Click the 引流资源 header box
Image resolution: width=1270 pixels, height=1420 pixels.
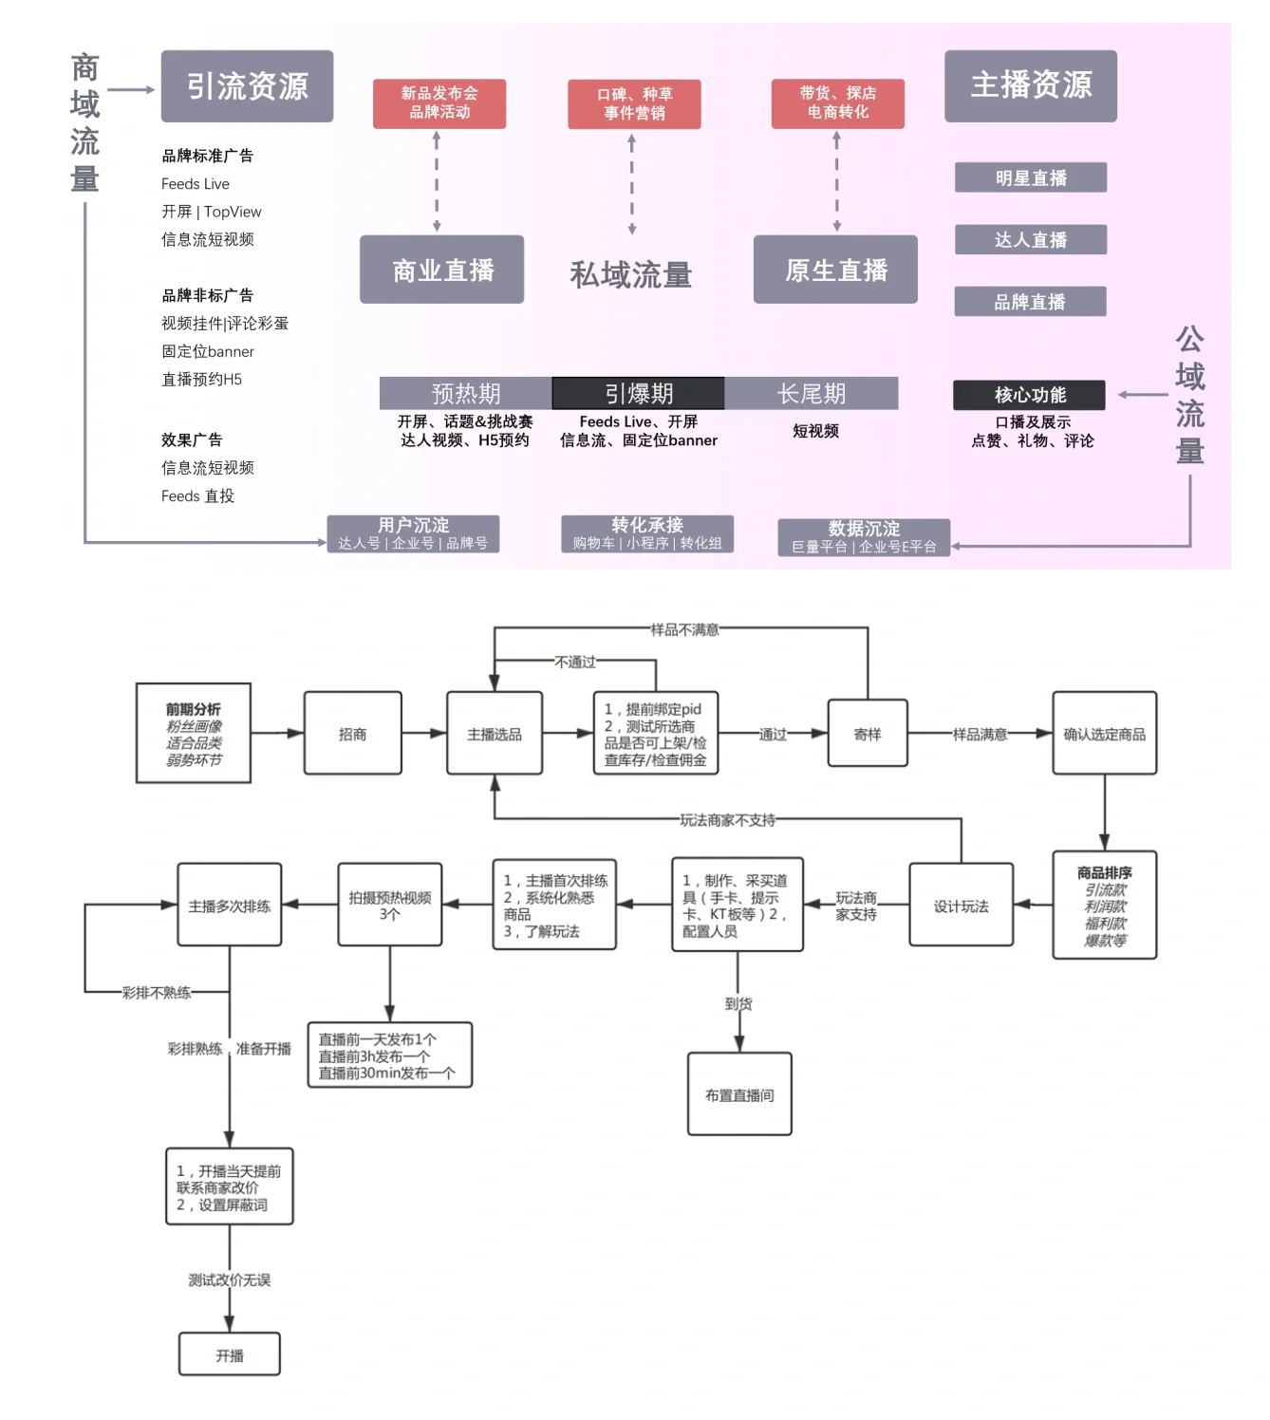click(247, 86)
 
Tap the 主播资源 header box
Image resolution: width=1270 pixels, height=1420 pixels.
click(1030, 85)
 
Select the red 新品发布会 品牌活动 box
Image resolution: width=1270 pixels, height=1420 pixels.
click(439, 103)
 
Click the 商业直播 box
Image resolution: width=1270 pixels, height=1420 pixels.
click(441, 271)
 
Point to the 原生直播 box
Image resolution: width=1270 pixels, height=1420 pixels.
click(835, 271)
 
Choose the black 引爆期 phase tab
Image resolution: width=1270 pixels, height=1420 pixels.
click(638, 393)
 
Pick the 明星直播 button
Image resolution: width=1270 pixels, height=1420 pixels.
click(1030, 177)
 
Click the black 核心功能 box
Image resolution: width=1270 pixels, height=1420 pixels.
click(1029, 395)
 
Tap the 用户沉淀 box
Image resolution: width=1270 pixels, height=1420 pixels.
click(413, 533)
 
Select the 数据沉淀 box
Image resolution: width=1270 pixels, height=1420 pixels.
click(864, 537)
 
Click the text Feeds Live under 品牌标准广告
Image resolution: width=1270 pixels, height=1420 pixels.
click(196, 184)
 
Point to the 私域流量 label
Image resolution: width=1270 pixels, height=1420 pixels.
click(630, 275)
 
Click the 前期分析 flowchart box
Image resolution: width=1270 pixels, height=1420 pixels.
click(194, 734)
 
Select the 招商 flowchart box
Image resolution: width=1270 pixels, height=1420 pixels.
click(352, 734)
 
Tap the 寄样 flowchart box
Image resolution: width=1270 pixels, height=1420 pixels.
click(868, 734)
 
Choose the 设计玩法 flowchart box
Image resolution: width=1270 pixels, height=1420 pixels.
click(961, 906)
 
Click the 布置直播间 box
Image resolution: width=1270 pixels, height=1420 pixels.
click(739, 1094)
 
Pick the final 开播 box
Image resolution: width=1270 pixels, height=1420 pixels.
click(230, 1355)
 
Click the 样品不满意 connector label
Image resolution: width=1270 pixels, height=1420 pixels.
click(684, 629)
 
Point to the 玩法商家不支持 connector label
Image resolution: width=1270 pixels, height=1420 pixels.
click(727, 820)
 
